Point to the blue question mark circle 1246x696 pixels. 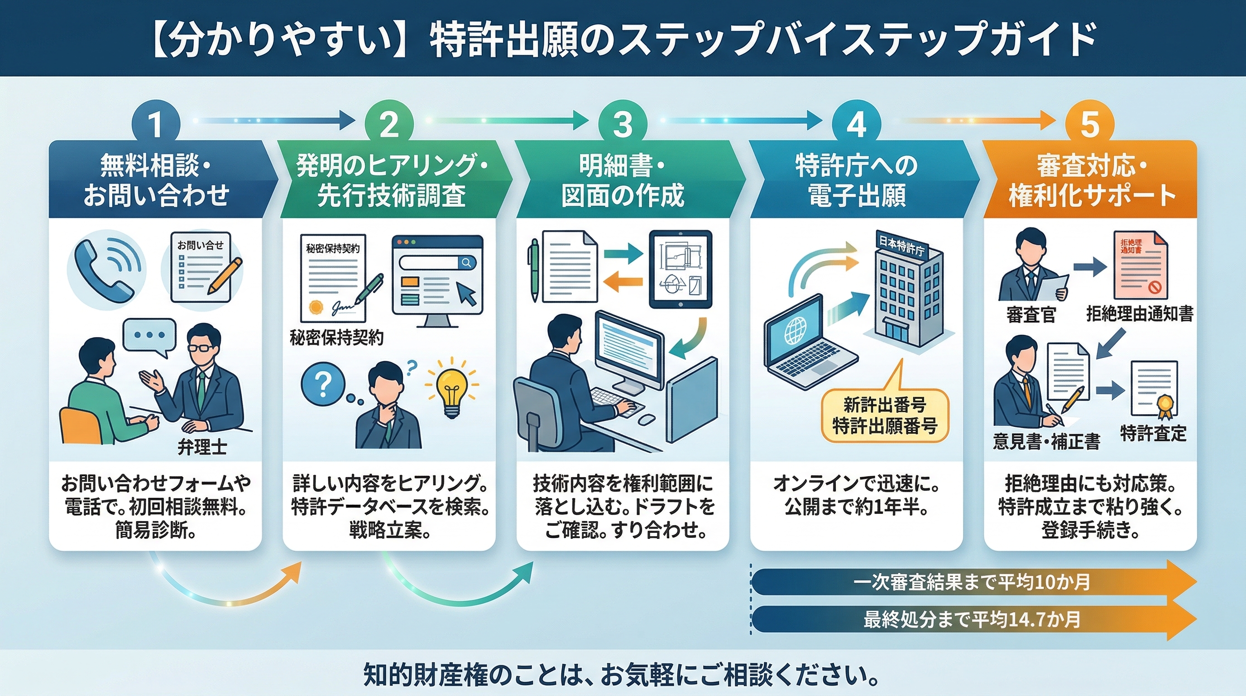(x=323, y=385)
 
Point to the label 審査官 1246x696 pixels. (x=1030, y=315)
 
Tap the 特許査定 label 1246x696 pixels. (x=1153, y=433)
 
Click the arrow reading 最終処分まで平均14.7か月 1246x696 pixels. (x=972, y=619)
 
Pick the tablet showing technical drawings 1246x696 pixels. (x=680, y=269)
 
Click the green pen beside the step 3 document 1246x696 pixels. (x=534, y=269)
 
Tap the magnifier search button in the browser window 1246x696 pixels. (x=466, y=262)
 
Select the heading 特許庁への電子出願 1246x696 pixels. (x=857, y=180)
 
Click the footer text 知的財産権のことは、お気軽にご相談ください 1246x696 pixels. (x=621, y=675)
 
